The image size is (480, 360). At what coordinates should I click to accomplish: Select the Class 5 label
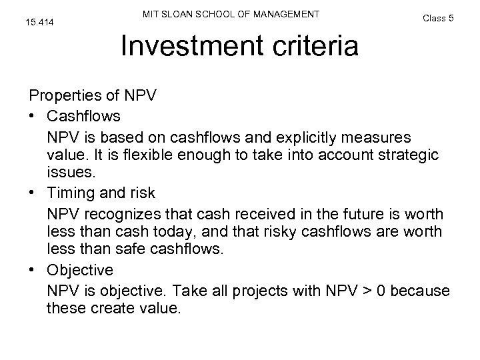pos(438,18)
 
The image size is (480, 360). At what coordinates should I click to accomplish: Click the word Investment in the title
pos(183,46)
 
